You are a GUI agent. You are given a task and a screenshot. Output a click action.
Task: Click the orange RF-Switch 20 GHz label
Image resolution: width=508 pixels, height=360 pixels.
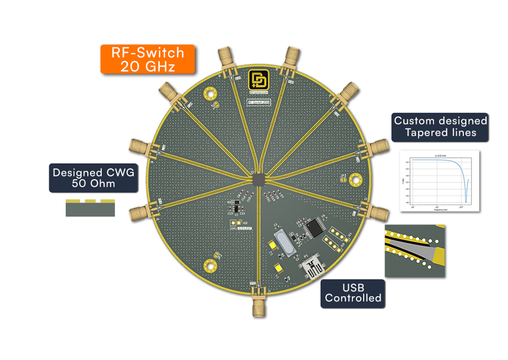[148, 59]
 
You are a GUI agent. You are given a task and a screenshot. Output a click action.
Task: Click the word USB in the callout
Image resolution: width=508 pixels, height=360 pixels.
[352, 288]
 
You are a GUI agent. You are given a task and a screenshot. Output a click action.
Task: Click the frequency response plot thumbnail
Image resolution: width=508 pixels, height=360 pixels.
[439, 181]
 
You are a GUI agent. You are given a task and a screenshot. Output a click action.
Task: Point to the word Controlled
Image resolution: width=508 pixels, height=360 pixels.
[353, 298]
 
